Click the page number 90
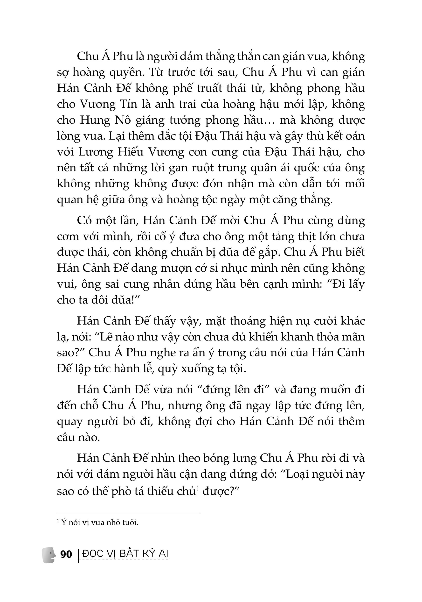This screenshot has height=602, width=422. tap(66, 554)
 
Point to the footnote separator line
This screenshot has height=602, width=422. tap(128, 513)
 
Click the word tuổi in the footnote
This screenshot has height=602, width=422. tap(130, 523)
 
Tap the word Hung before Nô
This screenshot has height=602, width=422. tap(93, 120)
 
